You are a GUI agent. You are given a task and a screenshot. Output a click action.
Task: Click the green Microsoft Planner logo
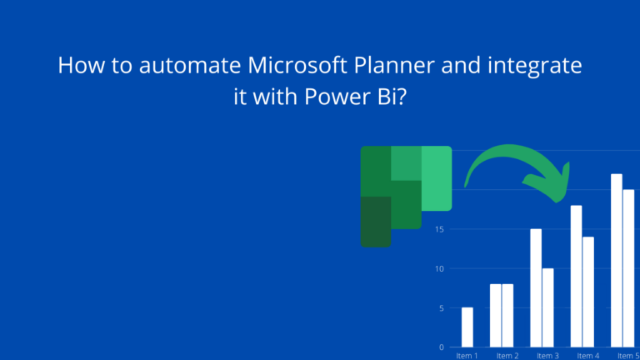pyautogui.click(x=405, y=195)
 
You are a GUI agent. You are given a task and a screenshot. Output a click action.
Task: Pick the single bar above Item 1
pyautogui.click(x=467, y=327)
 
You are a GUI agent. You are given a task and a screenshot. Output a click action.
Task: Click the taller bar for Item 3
pyautogui.click(x=536, y=287)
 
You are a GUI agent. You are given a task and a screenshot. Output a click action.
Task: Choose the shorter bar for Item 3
pyautogui.click(x=547, y=307)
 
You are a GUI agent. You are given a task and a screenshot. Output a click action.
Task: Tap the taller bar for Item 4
pyautogui.click(x=576, y=276)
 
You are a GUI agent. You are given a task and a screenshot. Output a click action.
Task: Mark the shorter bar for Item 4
pyautogui.click(x=588, y=292)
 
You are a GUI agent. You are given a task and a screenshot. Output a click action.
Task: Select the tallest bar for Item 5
pyautogui.click(x=617, y=260)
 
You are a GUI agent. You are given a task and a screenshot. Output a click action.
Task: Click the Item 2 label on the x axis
pyautogui.click(x=507, y=355)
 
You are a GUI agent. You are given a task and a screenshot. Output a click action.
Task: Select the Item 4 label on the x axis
pyautogui.click(x=587, y=355)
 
